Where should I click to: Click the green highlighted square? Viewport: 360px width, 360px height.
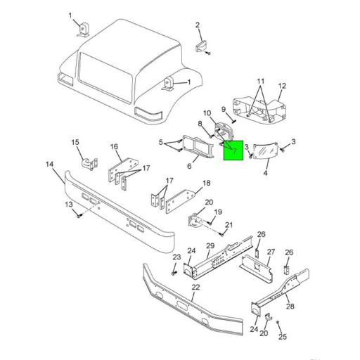[x=233, y=150]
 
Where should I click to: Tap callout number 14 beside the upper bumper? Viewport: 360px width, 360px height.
[x=49, y=165]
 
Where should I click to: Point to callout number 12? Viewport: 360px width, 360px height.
[x=281, y=87]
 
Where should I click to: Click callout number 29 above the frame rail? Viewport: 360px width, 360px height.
[x=210, y=245]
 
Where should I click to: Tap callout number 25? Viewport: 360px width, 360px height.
[x=282, y=337]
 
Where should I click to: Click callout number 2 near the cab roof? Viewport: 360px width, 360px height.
[x=198, y=25]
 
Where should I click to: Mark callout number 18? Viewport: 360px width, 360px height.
[x=206, y=184]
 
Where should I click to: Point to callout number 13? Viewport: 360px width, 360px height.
[x=69, y=204]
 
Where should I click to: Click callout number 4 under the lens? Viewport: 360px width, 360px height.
[x=266, y=172]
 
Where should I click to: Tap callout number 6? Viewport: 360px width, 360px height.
[x=189, y=167]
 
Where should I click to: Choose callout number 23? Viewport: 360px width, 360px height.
[x=176, y=257]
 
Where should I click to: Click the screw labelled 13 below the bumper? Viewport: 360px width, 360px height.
[x=79, y=214]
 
